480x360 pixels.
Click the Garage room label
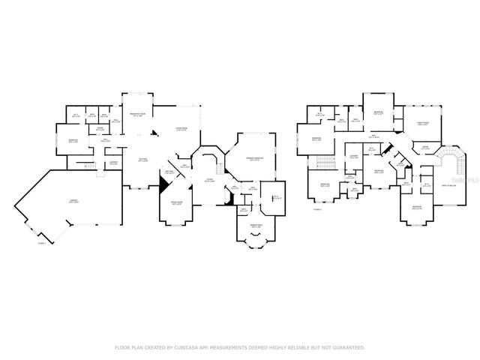pyautogui.click(x=73, y=200)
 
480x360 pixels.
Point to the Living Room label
pyautogui.click(x=181, y=129)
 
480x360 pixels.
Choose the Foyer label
pyautogui.click(x=211, y=180)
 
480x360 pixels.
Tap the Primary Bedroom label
pyautogui.click(x=256, y=158)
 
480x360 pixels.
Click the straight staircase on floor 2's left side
pyautogui.click(x=325, y=164)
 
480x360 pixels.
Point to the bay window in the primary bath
pyautogui.click(x=256, y=241)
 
